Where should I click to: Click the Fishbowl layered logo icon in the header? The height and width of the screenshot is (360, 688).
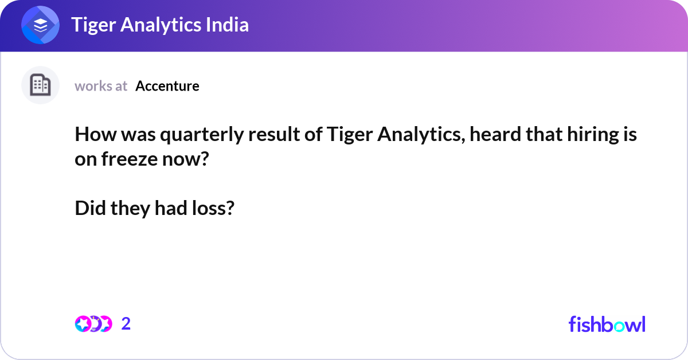pos(41,25)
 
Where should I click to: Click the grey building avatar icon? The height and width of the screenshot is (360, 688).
pos(41,85)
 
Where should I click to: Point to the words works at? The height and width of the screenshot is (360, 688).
pos(101,86)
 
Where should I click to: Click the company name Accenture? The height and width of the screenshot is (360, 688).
pos(167,86)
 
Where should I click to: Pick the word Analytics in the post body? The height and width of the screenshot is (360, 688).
pos(410,136)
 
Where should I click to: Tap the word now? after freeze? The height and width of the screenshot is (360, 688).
pos(183,159)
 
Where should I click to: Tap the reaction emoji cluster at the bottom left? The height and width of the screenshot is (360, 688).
pos(93,324)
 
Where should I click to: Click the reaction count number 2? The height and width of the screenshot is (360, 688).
pos(126,324)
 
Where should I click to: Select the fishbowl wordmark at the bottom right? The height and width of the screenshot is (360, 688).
pos(607,324)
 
